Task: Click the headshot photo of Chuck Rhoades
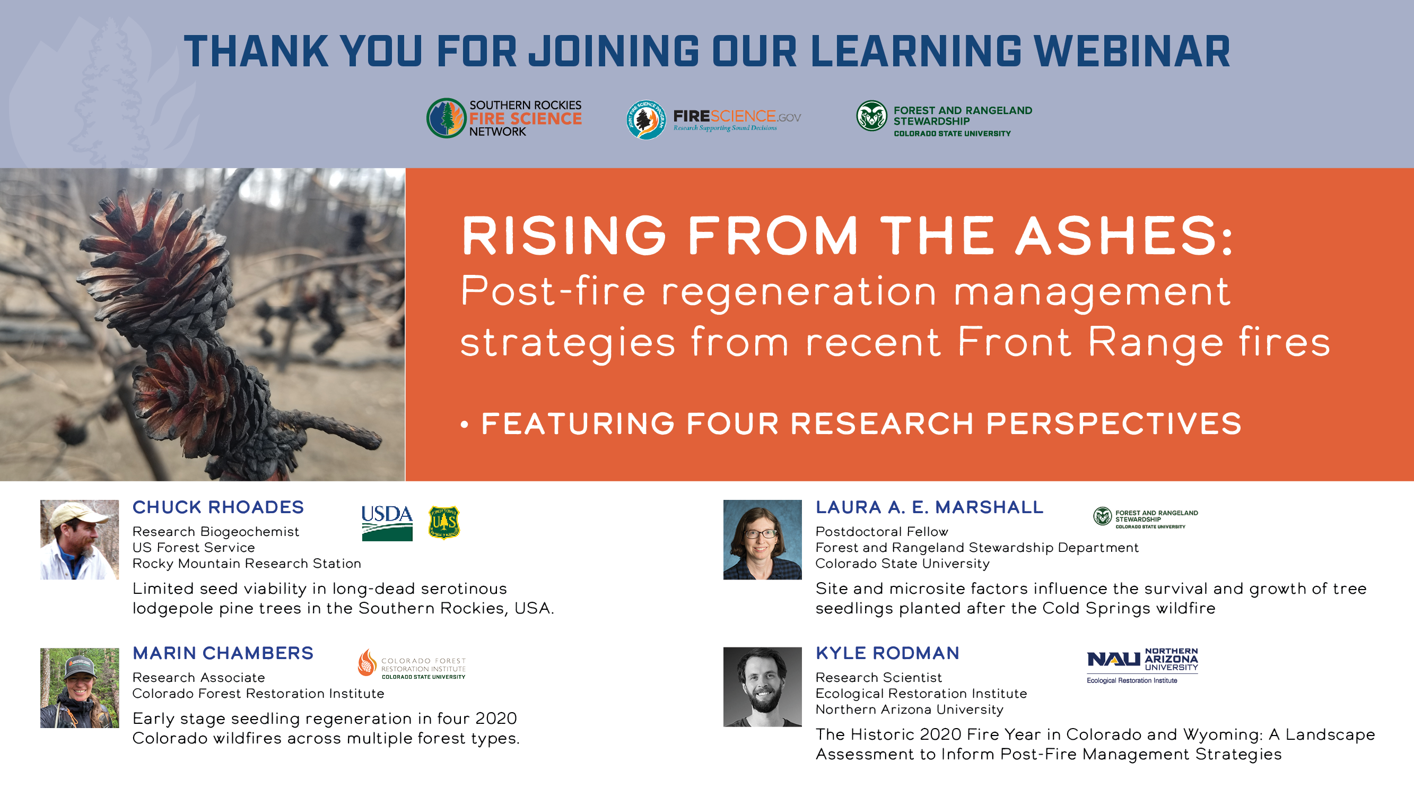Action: tap(80, 540)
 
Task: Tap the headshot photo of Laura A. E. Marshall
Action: tap(763, 540)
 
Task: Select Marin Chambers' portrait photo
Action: tap(80, 688)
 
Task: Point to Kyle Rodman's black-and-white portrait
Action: tap(763, 687)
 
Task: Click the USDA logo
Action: tap(387, 523)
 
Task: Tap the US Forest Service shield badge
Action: tap(443, 522)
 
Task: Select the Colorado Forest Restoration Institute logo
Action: tap(412, 664)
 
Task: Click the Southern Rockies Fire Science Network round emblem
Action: tap(446, 118)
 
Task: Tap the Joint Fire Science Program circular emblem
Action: tap(646, 119)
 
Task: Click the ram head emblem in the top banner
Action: tap(871, 115)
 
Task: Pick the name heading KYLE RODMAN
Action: tap(887, 653)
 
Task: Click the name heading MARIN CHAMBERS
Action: tap(223, 653)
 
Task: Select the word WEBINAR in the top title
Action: tap(1132, 51)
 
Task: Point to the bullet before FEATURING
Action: tap(465, 425)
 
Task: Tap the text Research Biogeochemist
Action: tap(216, 532)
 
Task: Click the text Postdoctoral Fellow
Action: tap(881, 532)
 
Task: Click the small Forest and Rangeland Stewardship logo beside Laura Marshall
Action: tap(1146, 518)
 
